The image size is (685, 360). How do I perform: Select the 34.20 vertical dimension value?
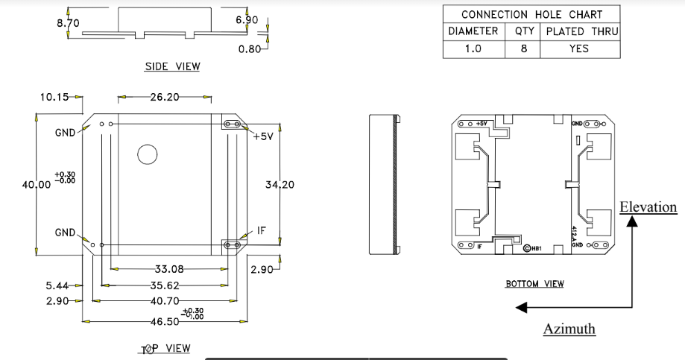(280, 185)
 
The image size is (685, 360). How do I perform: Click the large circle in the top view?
(147, 154)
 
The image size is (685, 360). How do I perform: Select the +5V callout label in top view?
(264, 137)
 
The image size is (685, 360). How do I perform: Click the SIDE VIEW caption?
(172, 67)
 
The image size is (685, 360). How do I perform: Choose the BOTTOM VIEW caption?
(534, 284)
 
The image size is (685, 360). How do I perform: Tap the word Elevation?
(648, 207)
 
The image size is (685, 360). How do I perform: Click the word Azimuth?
(569, 329)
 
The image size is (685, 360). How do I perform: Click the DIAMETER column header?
(473, 31)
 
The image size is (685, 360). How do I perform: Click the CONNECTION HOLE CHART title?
(531, 14)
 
